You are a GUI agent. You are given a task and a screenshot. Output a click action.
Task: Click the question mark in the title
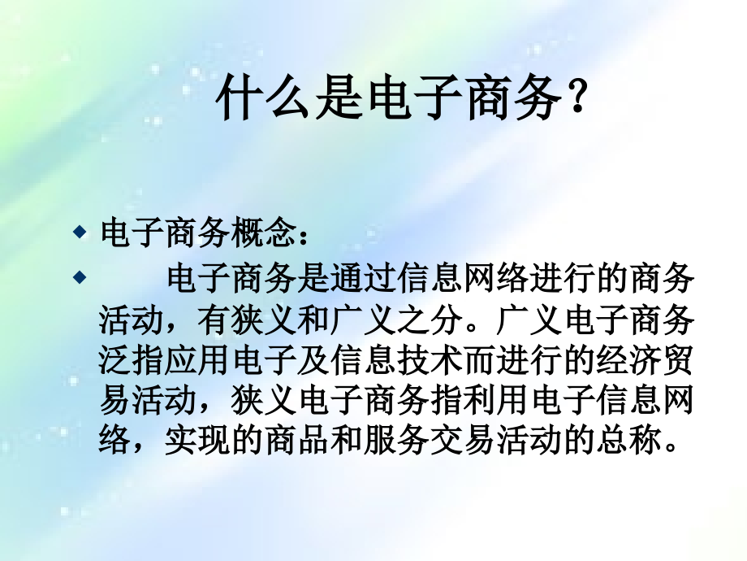(x=577, y=97)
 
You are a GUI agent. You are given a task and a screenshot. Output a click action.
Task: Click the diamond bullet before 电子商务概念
(x=80, y=233)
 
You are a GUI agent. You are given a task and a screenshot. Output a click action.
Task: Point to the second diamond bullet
(x=80, y=277)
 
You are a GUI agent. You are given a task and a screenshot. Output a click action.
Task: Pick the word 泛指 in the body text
(x=131, y=359)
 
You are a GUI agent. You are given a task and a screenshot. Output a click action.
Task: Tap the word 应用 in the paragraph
(x=196, y=359)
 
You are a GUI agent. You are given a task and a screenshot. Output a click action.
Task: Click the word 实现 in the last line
(x=196, y=439)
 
